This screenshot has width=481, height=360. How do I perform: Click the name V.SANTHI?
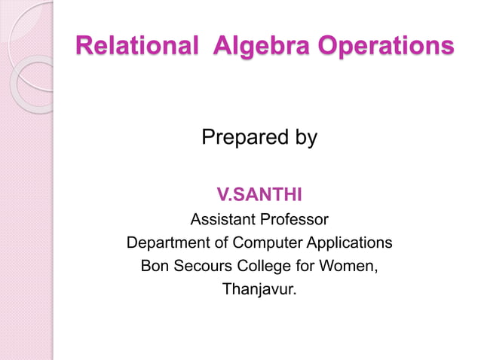click(x=259, y=197)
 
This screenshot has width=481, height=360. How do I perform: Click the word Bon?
click(x=155, y=267)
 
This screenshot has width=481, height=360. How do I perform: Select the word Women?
click(x=351, y=267)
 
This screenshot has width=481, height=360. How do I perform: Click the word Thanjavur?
click(x=259, y=289)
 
